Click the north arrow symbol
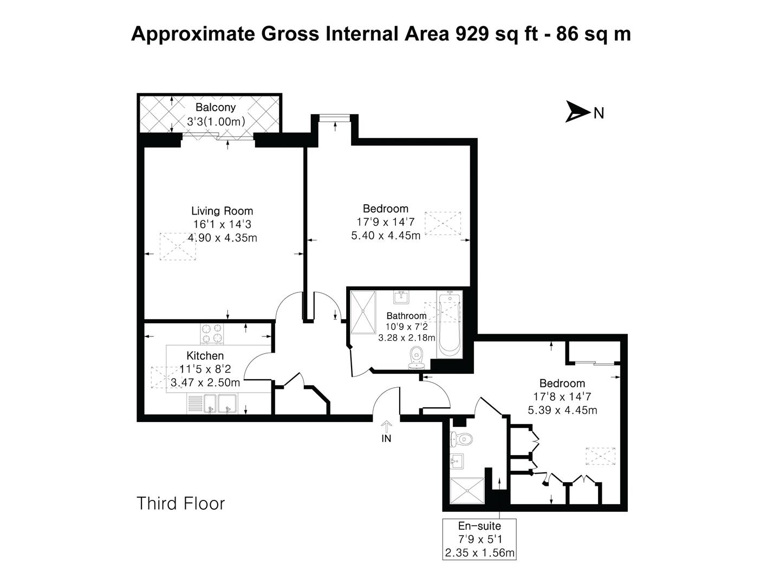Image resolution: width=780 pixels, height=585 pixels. (x=577, y=112)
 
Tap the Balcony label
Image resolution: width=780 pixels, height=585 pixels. (x=216, y=107)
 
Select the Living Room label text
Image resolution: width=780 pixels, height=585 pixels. (x=222, y=211)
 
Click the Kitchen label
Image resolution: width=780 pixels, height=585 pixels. (x=205, y=356)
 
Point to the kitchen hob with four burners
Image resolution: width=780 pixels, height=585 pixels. (x=212, y=333)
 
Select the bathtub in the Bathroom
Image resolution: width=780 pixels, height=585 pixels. (x=449, y=324)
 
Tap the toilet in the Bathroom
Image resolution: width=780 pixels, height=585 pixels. (x=416, y=357)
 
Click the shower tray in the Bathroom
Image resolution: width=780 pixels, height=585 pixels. (x=363, y=311)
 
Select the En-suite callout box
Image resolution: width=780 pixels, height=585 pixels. (x=479, y=539)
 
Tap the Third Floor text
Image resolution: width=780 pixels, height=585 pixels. (x=180, y=503)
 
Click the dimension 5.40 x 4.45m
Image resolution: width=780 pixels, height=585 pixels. (x=386, y=236)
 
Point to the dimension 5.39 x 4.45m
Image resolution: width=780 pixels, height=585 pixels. (x=562, y=410)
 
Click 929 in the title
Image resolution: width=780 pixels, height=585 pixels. (x=472, y=34)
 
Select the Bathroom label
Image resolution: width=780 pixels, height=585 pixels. (x=406, y=316)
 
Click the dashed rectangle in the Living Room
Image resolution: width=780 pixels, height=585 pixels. (x=177, y=248)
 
